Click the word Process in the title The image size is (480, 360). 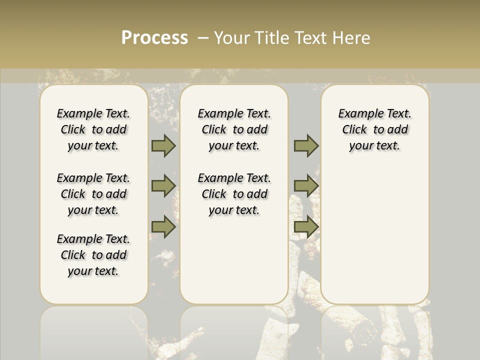tap(154, 38)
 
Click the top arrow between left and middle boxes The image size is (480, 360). tap(163, 145)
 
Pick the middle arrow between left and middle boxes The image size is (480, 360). tap(163, 186)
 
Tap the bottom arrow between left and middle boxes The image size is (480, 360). tap(163, 227)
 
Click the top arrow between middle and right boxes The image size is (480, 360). tap(306, 145)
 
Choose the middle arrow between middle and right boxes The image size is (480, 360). tap(306, 186)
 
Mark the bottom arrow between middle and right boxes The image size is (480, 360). tap(306, 227)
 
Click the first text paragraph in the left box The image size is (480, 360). tap(93, 129)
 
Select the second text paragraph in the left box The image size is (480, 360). tap(93, 194)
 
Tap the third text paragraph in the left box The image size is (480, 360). tap(93, 255)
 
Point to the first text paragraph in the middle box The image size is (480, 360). tap(234, 129)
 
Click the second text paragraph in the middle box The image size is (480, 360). tap(234, 194)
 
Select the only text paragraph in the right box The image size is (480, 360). tap(374, 129)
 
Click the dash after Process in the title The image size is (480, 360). tap(203, 38)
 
